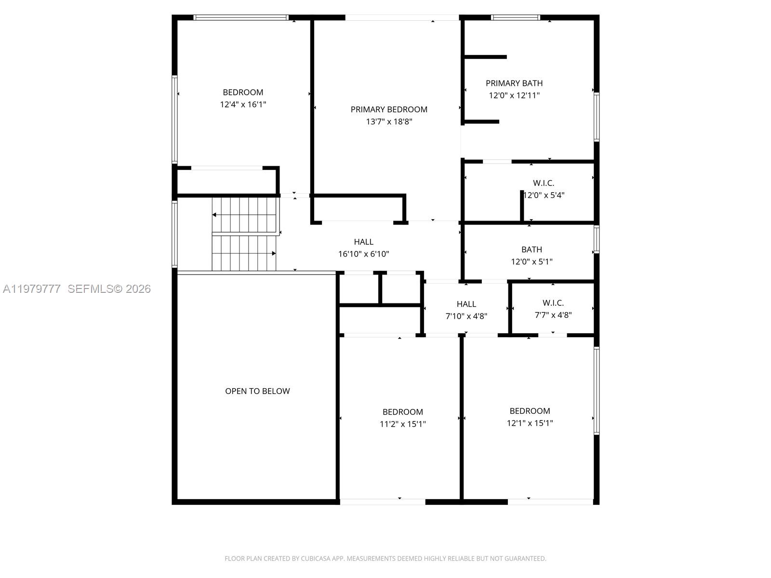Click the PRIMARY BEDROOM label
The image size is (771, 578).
point(389,109)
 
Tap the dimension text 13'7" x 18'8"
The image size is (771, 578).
point(389,121)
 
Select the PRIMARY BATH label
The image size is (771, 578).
point(514,83)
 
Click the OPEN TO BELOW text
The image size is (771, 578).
point(257,391)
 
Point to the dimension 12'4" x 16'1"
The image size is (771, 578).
point(243,104)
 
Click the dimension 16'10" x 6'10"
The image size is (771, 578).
point(363,254)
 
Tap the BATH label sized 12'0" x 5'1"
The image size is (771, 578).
point(532,250)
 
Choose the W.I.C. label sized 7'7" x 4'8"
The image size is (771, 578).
point(553,303)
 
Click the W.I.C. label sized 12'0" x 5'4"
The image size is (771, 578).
point(544,183)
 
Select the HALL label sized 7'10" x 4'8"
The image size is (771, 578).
point(466,304)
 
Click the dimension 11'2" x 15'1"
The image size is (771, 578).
point(402,424)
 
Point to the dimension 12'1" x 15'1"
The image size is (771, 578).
point(530,423)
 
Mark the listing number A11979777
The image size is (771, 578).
point(32,289)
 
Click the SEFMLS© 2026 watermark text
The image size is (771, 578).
point(109,289)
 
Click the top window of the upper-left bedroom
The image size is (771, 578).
point(241,18)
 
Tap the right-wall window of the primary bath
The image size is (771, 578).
point(596,117)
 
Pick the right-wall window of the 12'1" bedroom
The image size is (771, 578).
point(596,390)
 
